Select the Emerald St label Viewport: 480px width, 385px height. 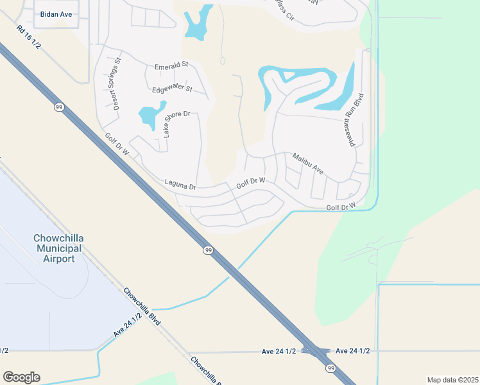171,65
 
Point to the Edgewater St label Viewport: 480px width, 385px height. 172,89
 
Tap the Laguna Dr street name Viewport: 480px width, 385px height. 180,185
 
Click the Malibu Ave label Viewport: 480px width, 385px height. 307,165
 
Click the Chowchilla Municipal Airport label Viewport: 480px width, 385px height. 59,248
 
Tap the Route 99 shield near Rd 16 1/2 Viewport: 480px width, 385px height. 59,107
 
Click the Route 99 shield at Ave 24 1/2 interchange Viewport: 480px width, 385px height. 330,368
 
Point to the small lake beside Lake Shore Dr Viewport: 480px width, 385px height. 150,116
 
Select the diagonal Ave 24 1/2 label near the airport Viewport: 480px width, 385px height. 128,327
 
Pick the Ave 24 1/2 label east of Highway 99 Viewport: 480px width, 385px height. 352,350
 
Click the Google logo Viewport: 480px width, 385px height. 21,377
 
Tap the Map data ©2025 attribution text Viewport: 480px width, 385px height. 452,380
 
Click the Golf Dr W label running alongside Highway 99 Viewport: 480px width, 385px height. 117,145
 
